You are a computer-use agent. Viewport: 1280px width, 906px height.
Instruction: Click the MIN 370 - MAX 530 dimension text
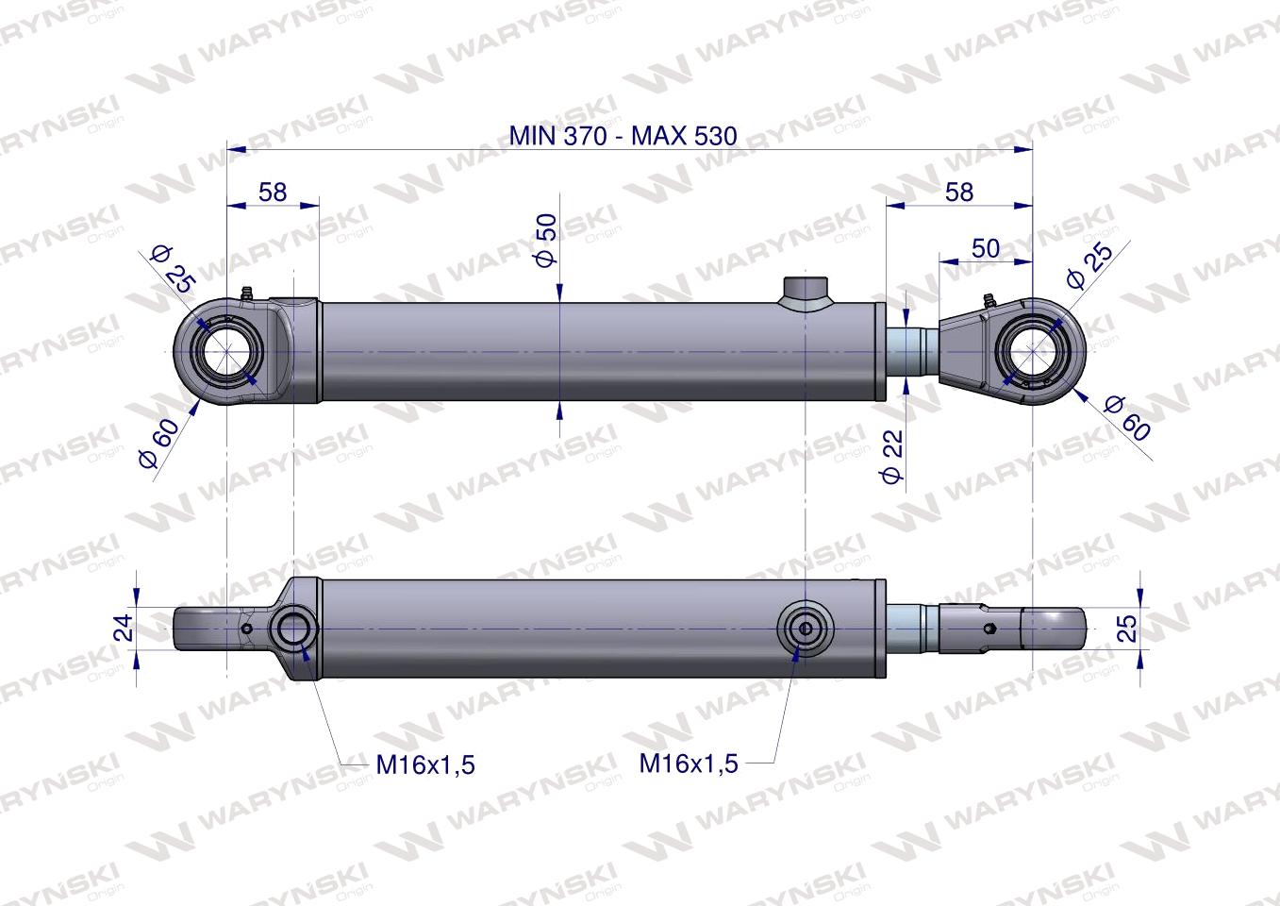[623, 135]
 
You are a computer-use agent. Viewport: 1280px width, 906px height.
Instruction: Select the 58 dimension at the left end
[273, 192]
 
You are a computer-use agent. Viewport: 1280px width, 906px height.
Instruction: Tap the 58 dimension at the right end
[958, 192]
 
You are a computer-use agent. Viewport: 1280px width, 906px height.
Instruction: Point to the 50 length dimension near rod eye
[985, 248]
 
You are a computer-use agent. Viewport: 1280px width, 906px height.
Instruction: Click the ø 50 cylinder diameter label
[546, 240]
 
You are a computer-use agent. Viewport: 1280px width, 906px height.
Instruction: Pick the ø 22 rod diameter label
[892, 456]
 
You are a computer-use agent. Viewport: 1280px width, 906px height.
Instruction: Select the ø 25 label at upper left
[172, 267]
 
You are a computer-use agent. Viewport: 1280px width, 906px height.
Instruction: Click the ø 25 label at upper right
[1089, 265]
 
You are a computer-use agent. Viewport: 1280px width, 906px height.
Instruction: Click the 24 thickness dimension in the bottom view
[124, 628]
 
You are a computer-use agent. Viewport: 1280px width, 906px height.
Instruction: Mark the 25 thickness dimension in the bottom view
[1127, 628]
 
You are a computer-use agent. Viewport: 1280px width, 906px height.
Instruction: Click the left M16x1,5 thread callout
[425, 764]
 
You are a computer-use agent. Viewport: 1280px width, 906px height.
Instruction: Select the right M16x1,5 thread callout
[689, 763]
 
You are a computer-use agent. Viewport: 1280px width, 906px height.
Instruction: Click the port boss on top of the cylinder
[805, 290]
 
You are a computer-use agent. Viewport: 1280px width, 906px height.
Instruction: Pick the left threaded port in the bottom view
[293, 628]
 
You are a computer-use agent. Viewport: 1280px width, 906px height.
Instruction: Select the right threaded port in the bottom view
[805, 628]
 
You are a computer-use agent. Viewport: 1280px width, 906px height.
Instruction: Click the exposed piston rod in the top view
[911, 350]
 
